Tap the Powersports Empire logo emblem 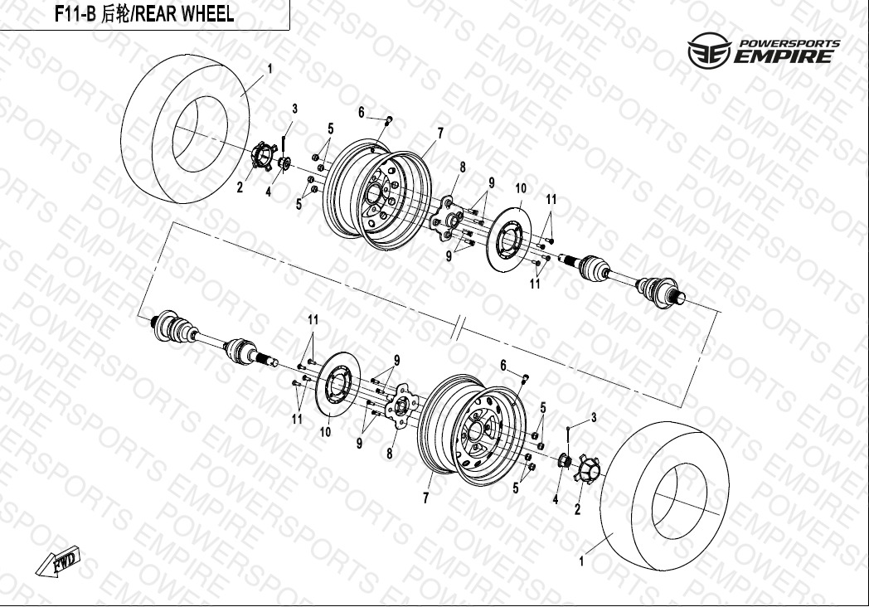click(x=709, y=50)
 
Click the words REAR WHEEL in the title click(x=185, y=14)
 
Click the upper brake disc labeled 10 click(x=508, y=240)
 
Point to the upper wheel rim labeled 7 click(x=377, y=193)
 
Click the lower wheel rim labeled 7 click(x=472, y=430)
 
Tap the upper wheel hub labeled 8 click(x=447, y=218)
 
